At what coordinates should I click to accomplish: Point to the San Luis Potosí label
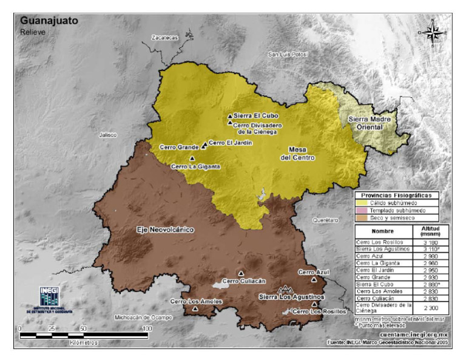[x=288, y=55]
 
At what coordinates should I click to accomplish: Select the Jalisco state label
[x=108, y=135]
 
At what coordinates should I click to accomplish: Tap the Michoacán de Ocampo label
[x=144, y=317]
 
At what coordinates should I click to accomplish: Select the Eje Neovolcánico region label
[x=163, y=230]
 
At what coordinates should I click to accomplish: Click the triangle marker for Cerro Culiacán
[x=240, y=273]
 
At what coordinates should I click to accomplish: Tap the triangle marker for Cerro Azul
[x=314, y=279]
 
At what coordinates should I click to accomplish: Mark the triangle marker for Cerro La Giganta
[x=192, y=158]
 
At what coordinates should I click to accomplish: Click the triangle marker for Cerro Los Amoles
[x=195, y=308]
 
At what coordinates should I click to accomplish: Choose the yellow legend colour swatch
[x=362, y=203]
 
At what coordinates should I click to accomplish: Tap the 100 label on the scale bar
[x=146, y=328]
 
